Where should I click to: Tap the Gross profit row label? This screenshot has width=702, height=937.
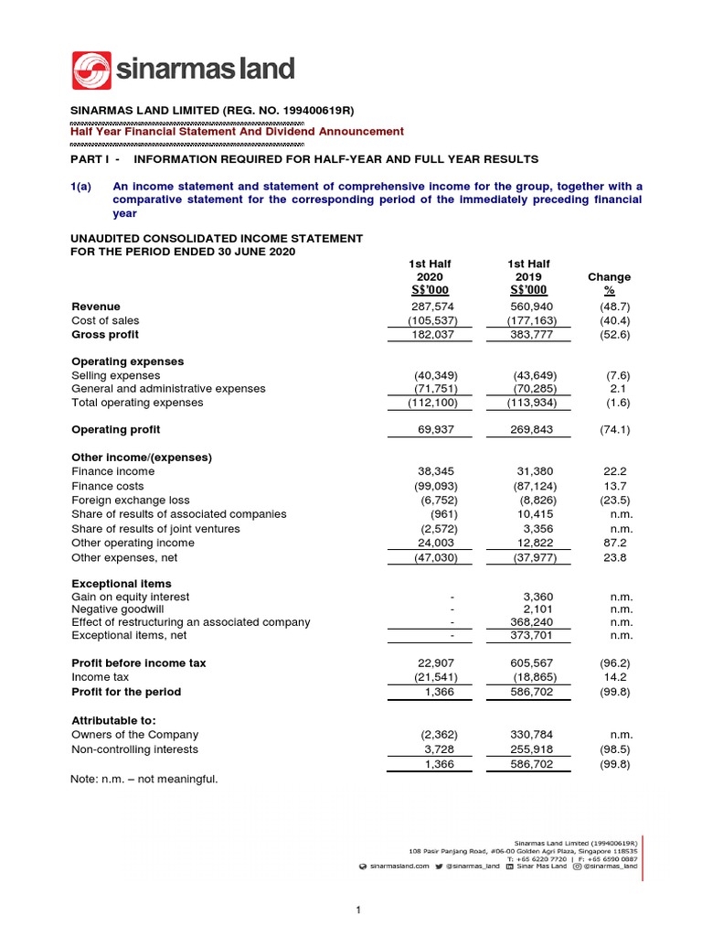click(105, 335)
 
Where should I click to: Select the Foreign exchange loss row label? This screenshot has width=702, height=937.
click(131, 501)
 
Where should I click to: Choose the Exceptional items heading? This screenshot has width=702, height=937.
click(121, 583)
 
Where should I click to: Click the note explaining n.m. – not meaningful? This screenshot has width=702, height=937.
click(144, 780)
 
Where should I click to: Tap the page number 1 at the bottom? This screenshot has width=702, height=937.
click(359, 910)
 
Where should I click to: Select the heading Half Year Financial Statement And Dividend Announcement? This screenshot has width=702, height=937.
click(237, 132)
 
